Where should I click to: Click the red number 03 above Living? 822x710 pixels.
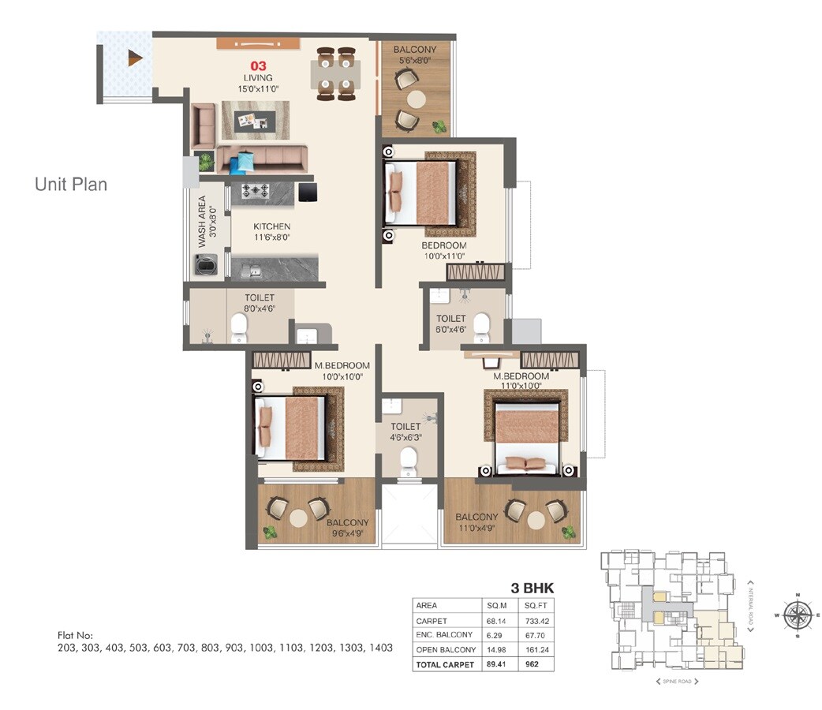point(258,65)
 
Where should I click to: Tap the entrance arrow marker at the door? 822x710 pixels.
point(136,58)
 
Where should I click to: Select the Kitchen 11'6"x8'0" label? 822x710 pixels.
point(271,231)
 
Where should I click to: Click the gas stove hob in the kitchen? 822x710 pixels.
point(256,191)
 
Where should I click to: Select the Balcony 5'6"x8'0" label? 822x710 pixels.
point(415,54)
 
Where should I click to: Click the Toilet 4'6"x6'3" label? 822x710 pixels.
point(405,432)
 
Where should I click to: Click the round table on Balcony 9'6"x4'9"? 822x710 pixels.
point(297,518)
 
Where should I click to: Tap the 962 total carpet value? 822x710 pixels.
point(532,664)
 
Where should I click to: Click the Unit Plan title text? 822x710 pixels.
point(71,185)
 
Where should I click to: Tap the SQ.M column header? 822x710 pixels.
point(497,606)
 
